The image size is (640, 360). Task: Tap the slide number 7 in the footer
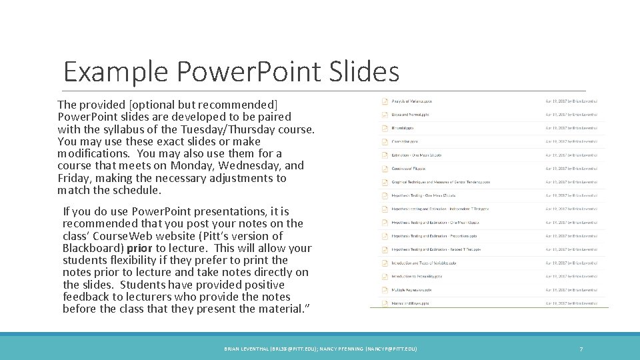point(581,349)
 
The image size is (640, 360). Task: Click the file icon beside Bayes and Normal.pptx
point(385,115)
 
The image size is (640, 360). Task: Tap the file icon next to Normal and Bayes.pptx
point(385,303)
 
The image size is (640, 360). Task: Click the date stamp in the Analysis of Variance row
point(571,101)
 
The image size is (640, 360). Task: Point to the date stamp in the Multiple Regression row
point(571,289)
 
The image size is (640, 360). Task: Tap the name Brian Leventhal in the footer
point(247,349)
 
